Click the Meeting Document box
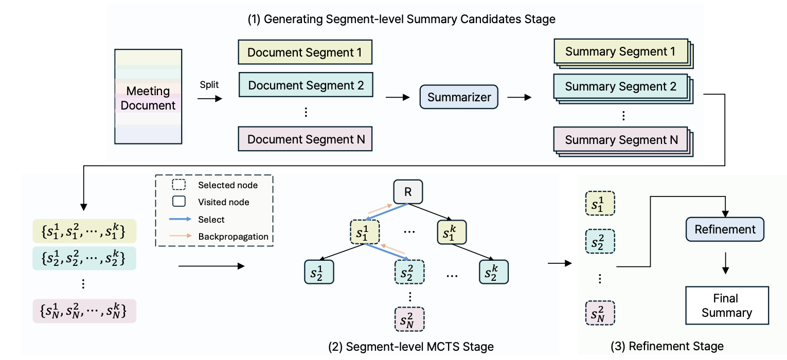point(148,97)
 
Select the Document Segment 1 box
point(305,52)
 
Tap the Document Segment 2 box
point(306,85)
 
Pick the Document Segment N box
point(305,139)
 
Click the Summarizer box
point(459,97)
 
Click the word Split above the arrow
point(209,85)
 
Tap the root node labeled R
point(408,192)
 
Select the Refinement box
point(725,229)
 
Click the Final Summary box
point(727,305)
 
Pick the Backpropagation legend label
point(234,237)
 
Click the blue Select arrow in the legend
point(180,219)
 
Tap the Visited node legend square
point(179,201)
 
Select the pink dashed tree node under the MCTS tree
point(409,319)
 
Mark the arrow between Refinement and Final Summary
point(725,263)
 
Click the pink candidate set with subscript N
point(84,311)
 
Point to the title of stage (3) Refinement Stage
point(667,346)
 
